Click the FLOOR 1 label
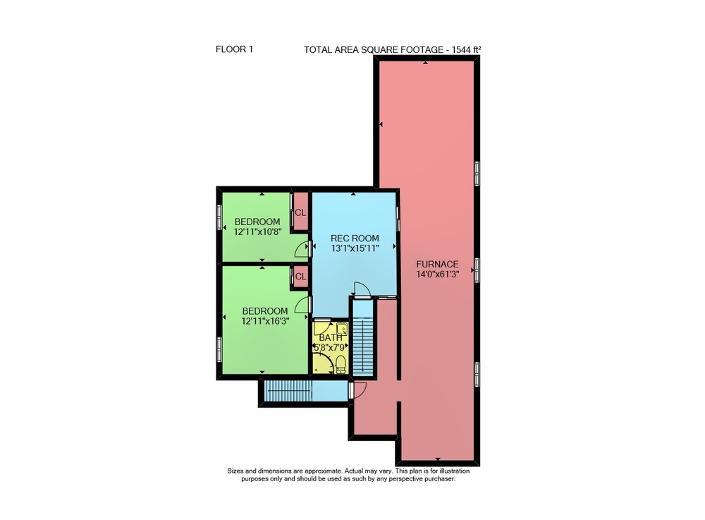tap(234, 49)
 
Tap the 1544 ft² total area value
tap(467, 49)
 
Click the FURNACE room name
tap(437, 265)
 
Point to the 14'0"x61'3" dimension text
tap(437, 274)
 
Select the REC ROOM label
tap(355, 238)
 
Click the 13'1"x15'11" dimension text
tap(355, 248)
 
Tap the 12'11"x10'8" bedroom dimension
tap(257, 231)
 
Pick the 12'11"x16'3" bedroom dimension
tap(265, 321)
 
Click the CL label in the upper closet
tap(300, 212)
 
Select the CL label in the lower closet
tap(300, 277)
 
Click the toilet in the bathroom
tap(341, 364)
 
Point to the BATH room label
tap(331, 337)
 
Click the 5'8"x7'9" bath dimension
tap(331, 347)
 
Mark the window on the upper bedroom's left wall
tap(219, 217)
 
